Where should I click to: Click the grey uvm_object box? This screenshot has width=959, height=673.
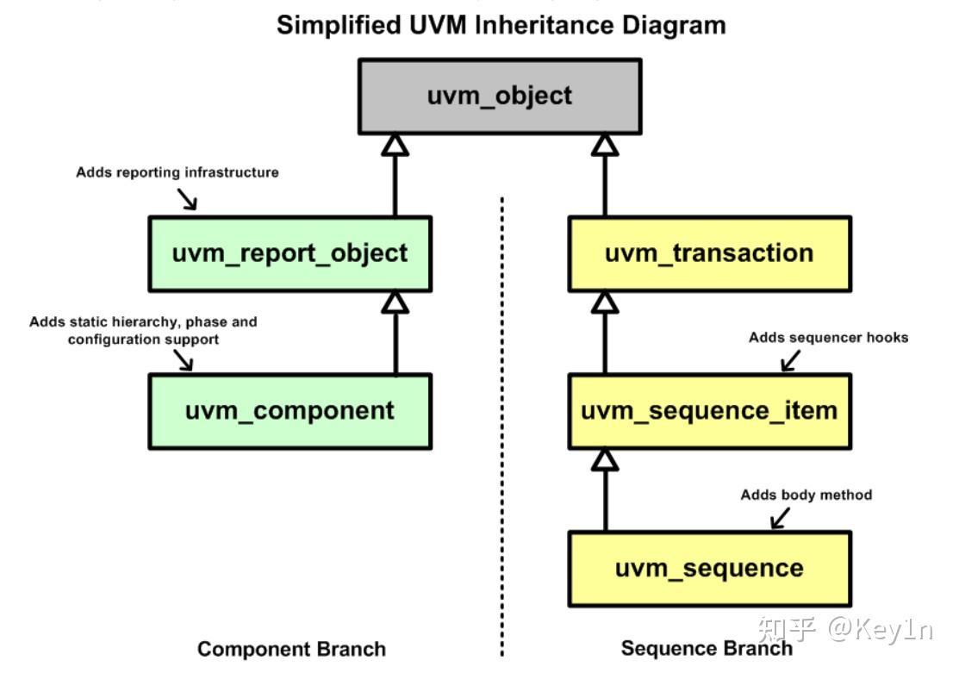[499, 96]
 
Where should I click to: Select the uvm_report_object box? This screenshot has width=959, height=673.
[290, 253]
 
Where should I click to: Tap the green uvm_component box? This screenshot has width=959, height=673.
[290, 411]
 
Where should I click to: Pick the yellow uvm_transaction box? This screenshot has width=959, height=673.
[709, 253]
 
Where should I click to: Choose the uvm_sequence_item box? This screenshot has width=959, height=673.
[709, 411]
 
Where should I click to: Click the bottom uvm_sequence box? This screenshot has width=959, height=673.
[709, 569]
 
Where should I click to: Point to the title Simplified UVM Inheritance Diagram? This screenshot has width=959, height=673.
[501, 24]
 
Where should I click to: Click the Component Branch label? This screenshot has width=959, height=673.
[291, 649]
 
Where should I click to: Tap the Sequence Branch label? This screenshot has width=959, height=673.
[707, 649]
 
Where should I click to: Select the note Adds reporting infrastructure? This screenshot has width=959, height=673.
[177, 172]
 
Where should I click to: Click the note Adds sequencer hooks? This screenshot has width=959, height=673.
[828, 338]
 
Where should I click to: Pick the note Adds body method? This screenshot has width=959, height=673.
[806, 495]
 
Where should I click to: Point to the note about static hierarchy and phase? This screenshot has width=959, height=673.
[143, 331]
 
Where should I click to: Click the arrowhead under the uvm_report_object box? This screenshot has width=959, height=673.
[395, 302]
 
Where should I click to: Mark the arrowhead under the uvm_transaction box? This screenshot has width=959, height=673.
[606, 302]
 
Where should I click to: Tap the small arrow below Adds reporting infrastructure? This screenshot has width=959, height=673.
[188, 199]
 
